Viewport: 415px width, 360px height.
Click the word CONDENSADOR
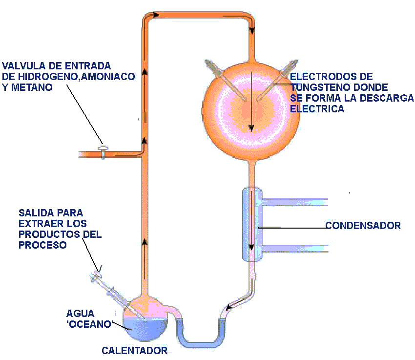point(363,226)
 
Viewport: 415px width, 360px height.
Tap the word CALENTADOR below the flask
point(135,351)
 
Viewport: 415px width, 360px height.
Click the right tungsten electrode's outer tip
point(295,62)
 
